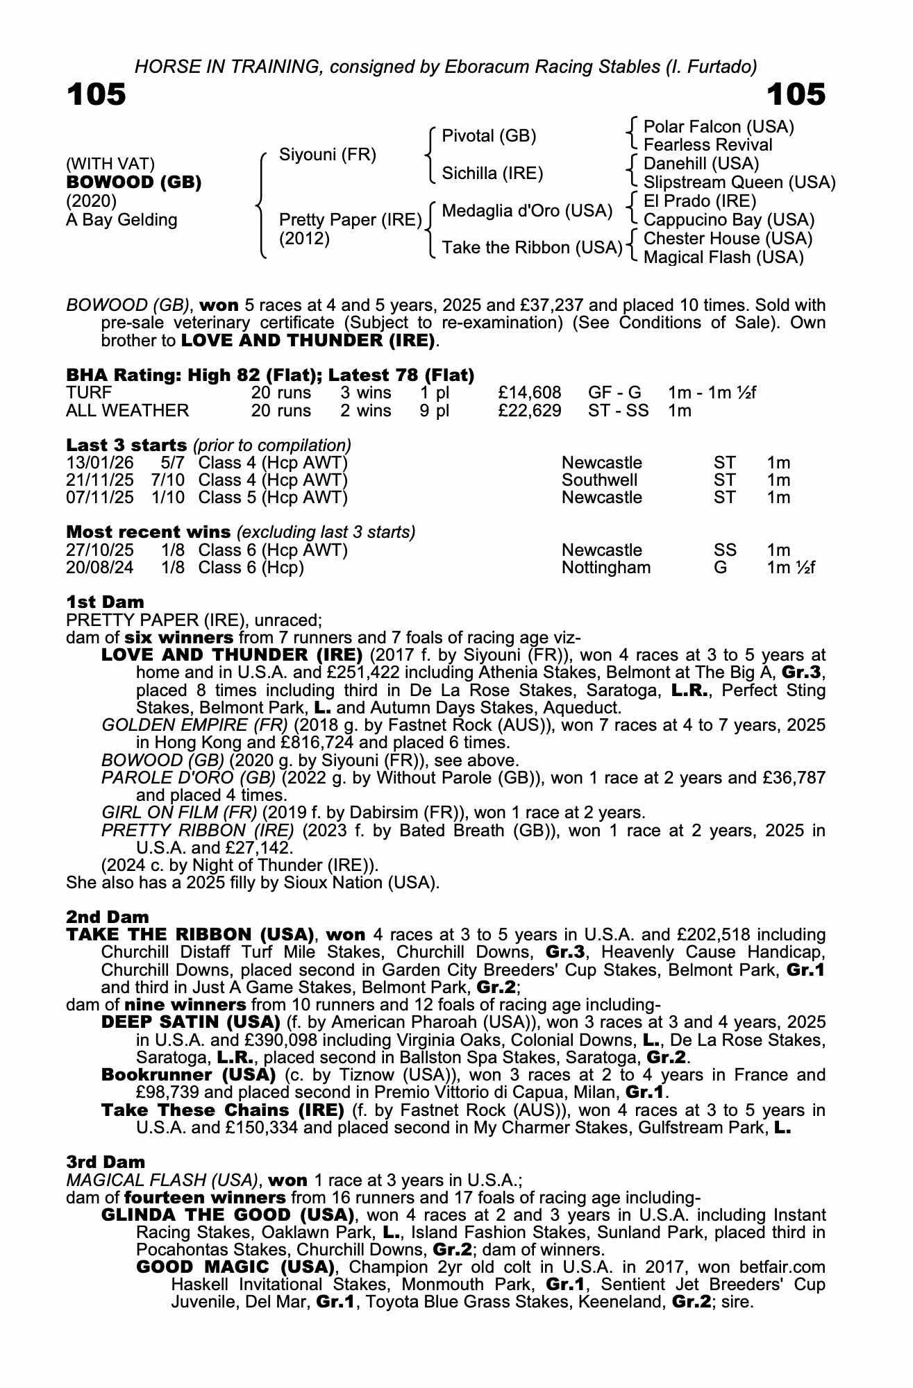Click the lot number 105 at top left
97,94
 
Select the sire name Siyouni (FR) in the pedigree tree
327,154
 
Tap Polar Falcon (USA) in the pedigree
719,127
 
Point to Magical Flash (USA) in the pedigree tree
723,257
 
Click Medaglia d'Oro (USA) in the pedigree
527,211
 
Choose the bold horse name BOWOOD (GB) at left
134,183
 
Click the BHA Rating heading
270,375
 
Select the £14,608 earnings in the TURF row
530,393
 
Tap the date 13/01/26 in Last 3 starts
100,463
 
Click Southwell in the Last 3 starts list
599,480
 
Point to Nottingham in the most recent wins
606,568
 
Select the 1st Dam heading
105,602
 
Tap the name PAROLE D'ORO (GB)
188,778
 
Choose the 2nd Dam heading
107,917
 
